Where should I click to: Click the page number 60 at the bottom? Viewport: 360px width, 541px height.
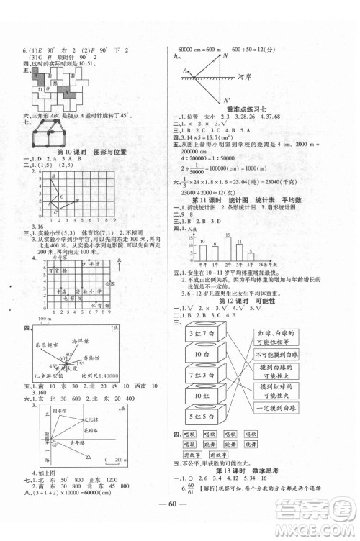[x=180, y=519]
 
